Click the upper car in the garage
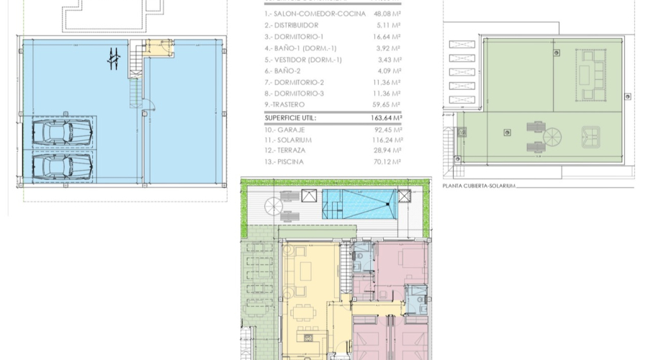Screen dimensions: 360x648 [x=62, y=132]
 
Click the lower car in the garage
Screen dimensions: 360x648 [x=62, y=167]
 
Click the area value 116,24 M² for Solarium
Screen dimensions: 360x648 [x=387, y=139]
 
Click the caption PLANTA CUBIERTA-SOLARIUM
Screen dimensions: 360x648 [x=480, y=186]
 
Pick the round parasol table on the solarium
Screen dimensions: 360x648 [x=554, y=137]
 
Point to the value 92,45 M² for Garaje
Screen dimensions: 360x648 [x=389, y=128]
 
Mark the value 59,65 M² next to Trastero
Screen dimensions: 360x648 [x=389, y=104]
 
